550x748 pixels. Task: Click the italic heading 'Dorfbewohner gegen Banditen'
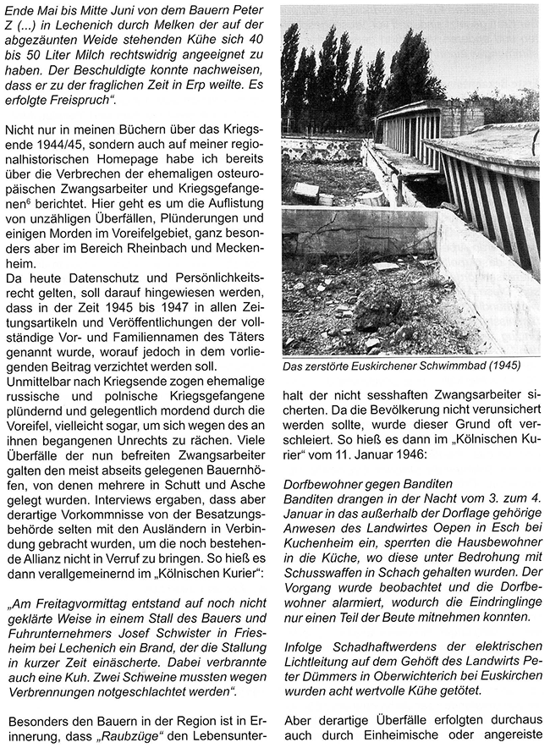367,481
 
